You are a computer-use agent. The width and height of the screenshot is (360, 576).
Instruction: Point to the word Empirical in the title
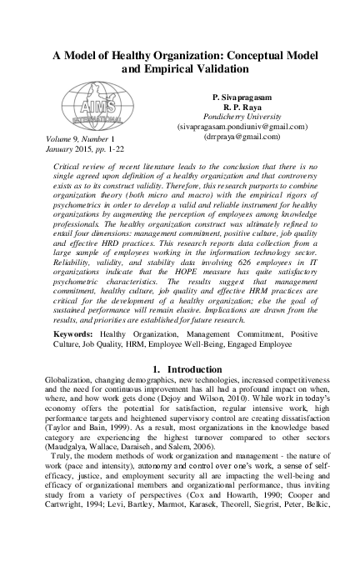tap(169, 71)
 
